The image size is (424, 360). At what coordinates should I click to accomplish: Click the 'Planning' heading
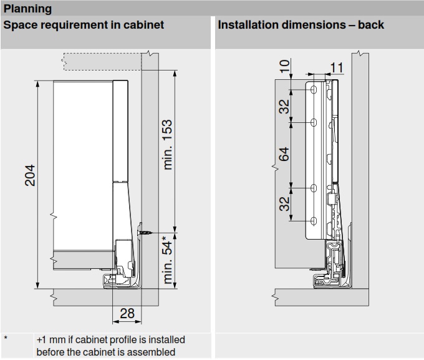coord(28,9)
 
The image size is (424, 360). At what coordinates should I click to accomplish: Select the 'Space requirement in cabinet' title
coord(84,26)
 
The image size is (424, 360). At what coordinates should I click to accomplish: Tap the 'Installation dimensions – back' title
coord(301,26)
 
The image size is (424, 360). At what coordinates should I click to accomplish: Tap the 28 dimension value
coord(127,313)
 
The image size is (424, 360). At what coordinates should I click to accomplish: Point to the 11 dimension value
coord(337,67)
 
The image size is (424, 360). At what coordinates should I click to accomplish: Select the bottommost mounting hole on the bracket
coord(314,221)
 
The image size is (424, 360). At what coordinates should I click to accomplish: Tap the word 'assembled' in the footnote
coord(153,353)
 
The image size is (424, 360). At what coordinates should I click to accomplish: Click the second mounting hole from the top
coord(314,122)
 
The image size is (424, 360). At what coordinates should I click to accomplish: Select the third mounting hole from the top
coord(314,188)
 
